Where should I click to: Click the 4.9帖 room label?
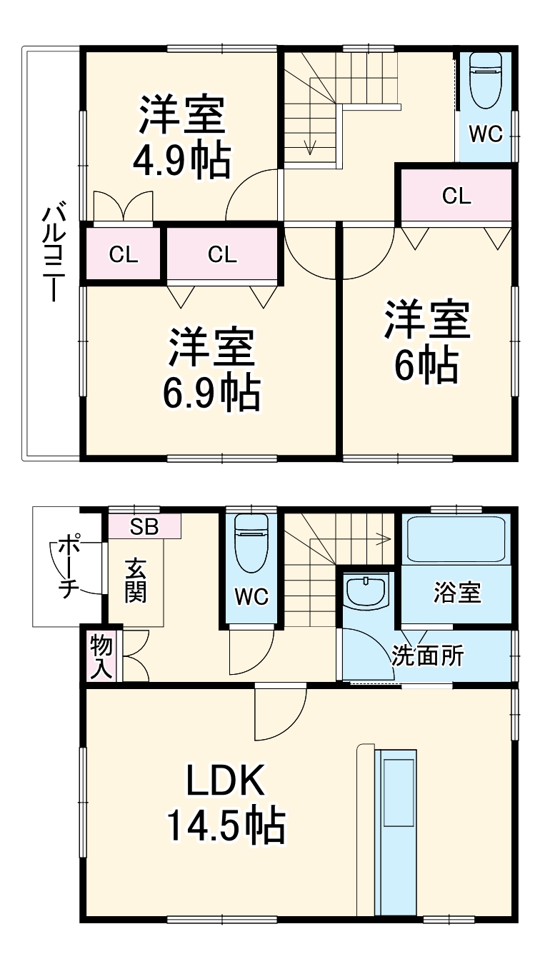tap(182, 161)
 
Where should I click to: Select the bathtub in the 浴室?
tap(456, 539)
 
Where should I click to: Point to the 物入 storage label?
tap(101, 656)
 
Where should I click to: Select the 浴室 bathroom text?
tap(456, 593)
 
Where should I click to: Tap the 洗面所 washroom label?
tap(427, 656)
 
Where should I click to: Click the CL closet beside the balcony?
tap(124, 255)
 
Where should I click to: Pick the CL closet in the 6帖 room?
tap(456, 196)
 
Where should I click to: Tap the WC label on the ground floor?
tap(251, 597)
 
